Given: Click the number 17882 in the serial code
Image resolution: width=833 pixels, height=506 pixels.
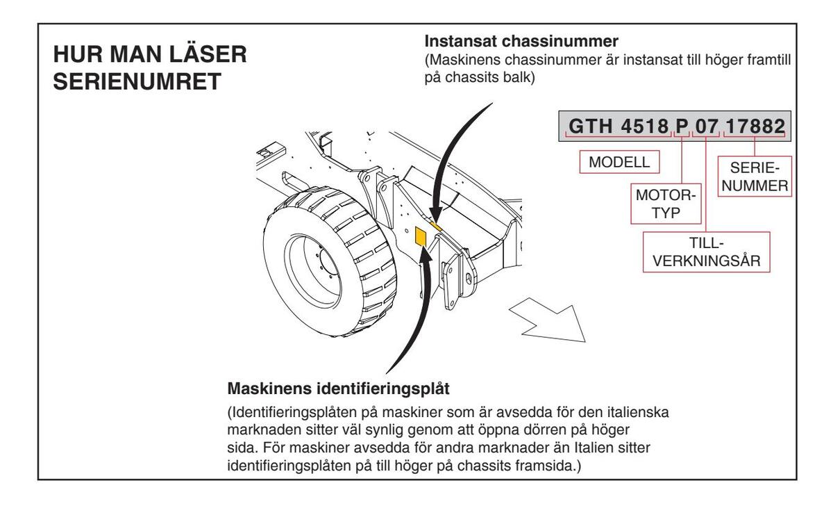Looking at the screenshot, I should (755, 126).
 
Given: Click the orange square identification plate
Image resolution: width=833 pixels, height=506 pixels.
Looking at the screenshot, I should (420, 237).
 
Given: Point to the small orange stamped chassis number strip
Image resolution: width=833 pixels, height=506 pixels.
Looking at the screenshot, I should (435, 226).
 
